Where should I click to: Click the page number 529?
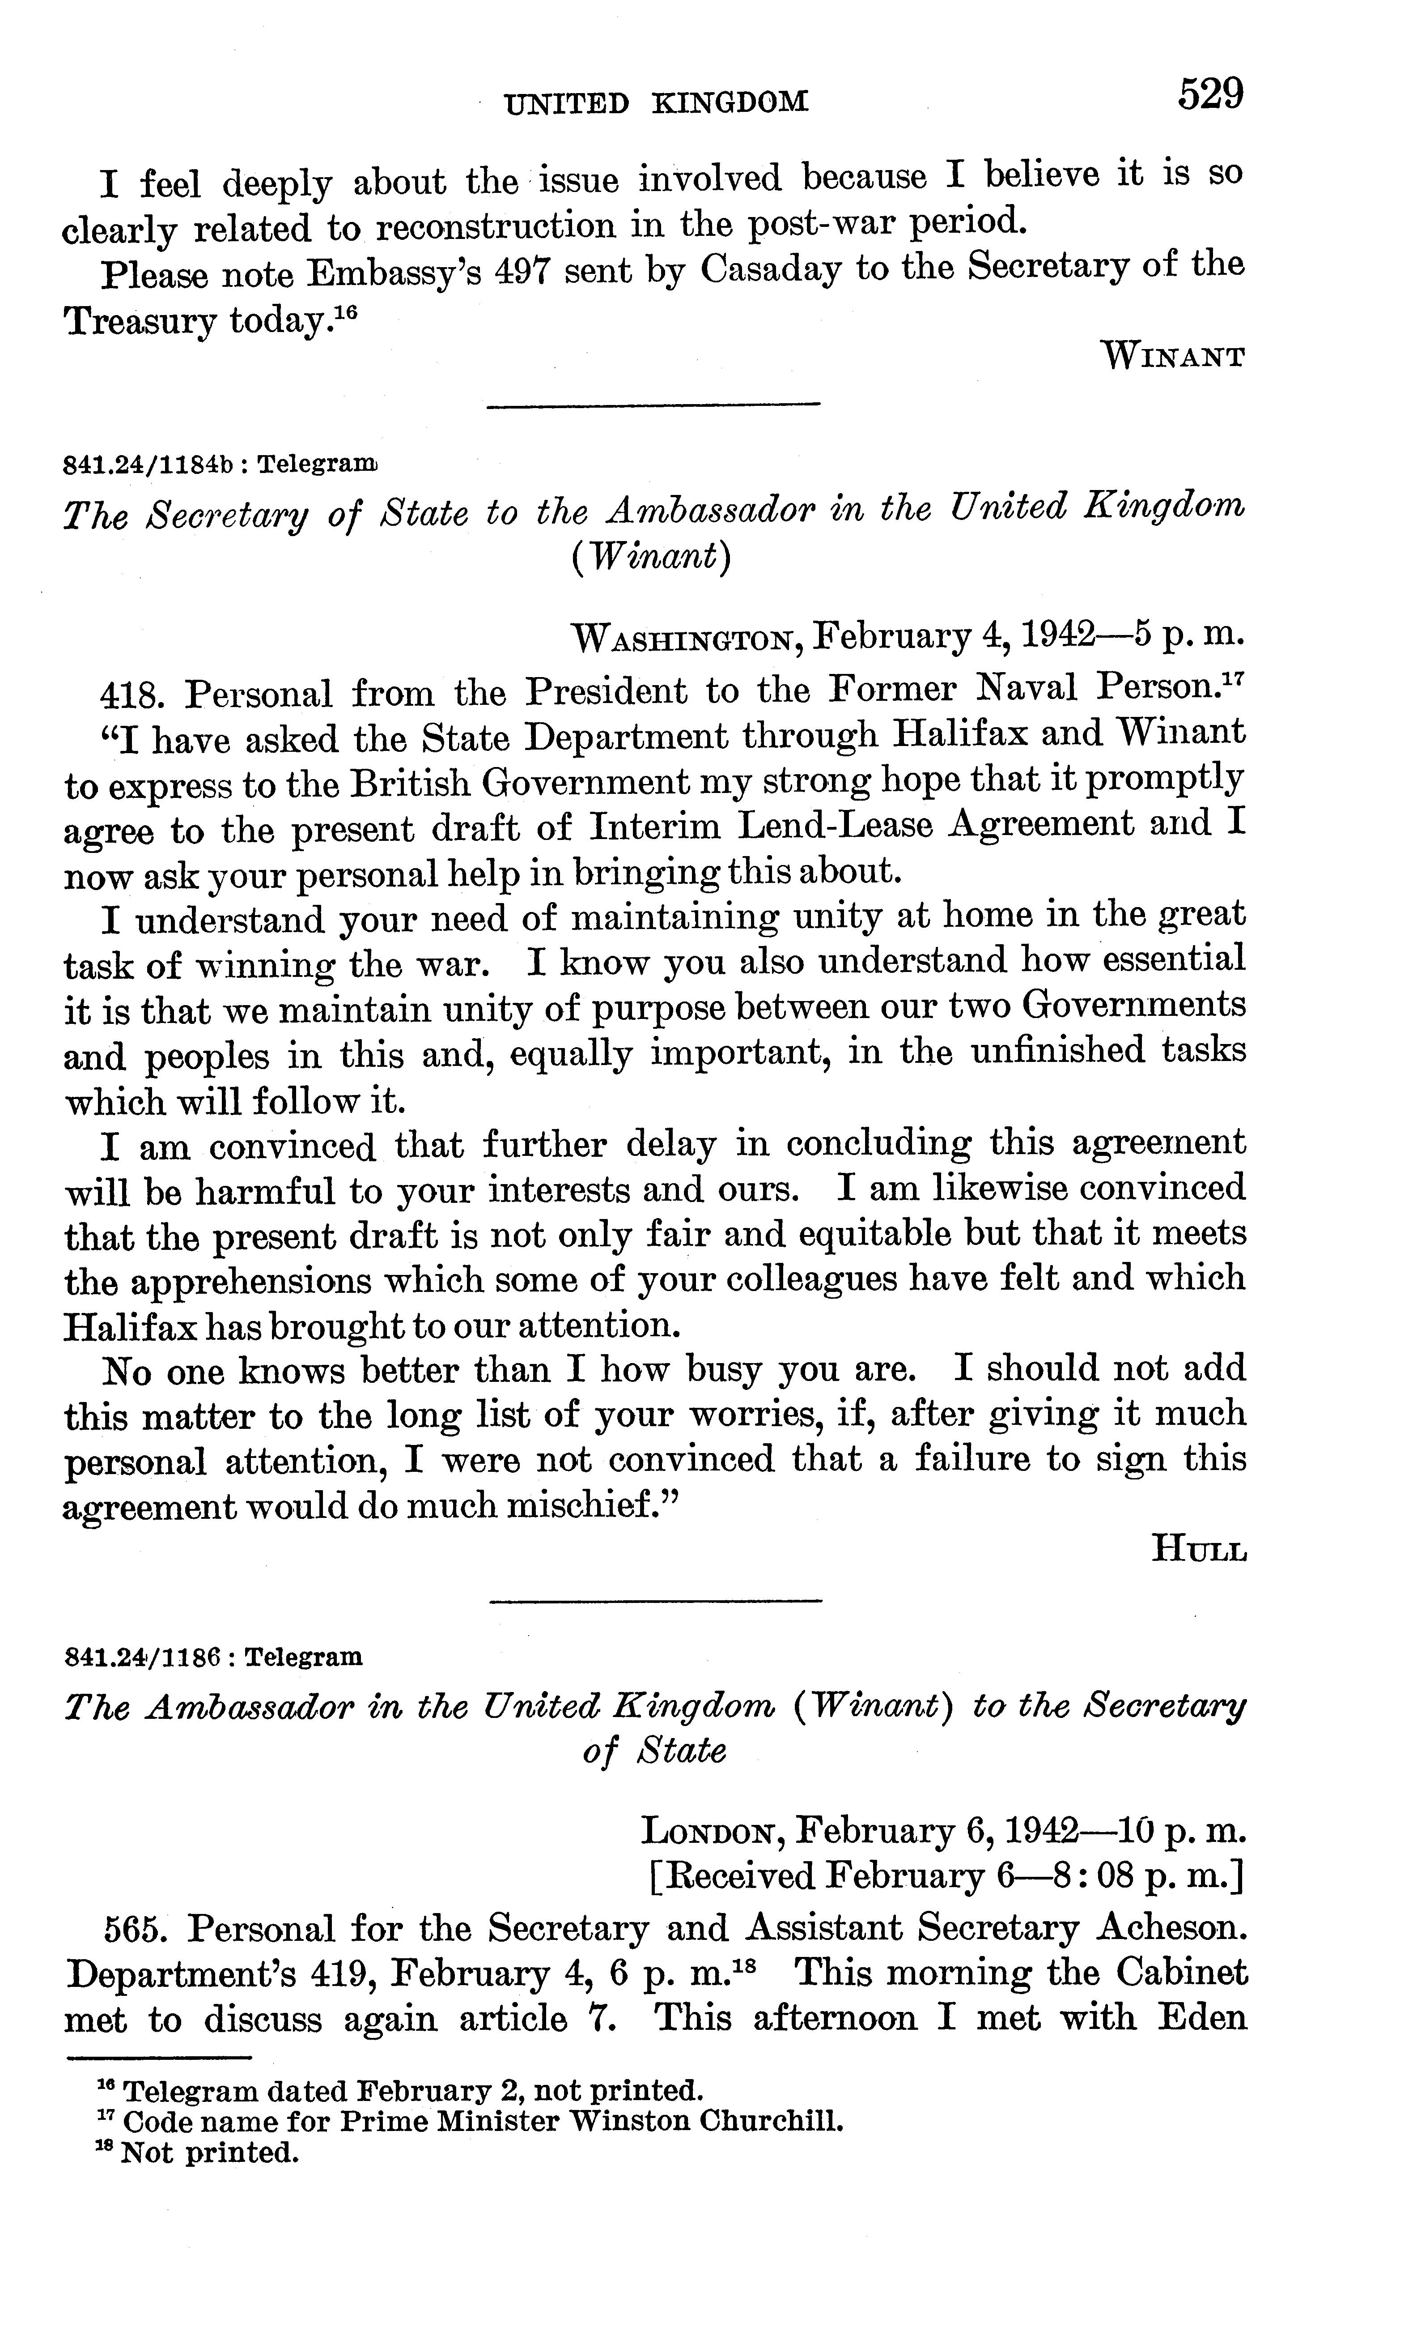(x=1210, y=95)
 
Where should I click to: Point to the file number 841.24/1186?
(x=142, y=1657)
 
